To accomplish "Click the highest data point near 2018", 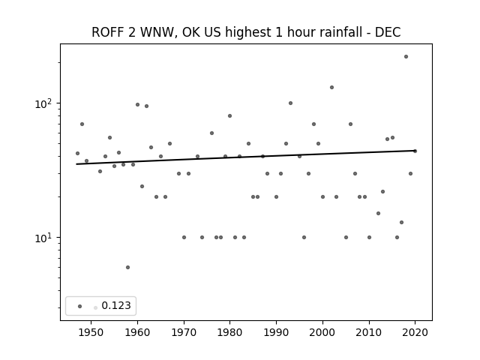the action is point(406,57).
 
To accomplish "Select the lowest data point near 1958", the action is point(128,267).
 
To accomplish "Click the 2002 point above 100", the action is point(331,87).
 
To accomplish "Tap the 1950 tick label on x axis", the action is point(91,332).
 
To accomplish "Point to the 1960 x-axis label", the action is point(137,332).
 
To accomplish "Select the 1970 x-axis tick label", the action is point(184,332).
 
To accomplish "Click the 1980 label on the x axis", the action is point(230,332).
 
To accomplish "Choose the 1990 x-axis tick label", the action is point(277,332).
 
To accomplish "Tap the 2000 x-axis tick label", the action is point(322,332).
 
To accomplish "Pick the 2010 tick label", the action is point(369,332).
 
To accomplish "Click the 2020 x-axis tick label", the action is point(415,332).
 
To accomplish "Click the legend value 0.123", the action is point(116,305).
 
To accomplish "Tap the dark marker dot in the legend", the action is point(80,306).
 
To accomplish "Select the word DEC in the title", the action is point(388,32).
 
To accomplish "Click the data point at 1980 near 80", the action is point(230,115).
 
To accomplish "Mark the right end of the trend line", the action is point(415,151).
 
